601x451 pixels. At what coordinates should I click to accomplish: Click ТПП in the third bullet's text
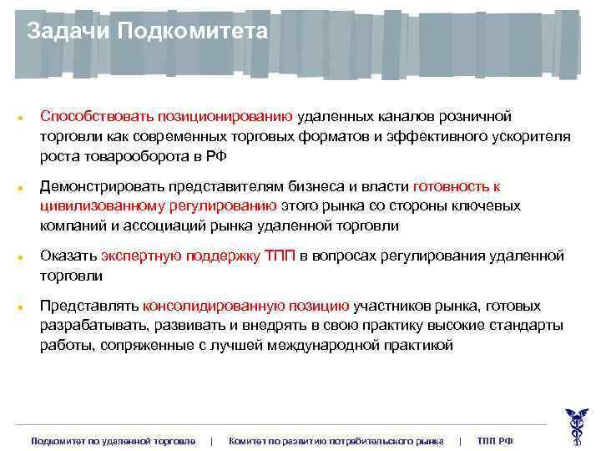279,256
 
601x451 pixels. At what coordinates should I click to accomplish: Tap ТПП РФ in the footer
494,440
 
